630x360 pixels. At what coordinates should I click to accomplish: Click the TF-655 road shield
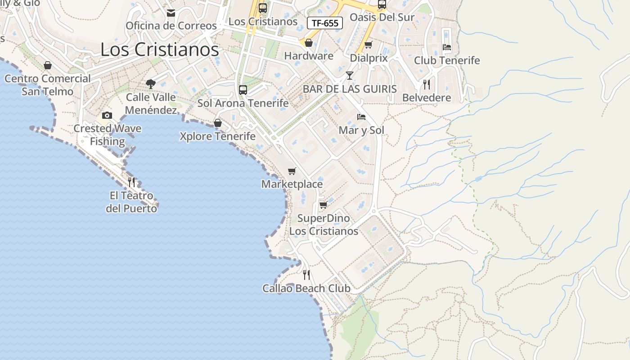click(324, 23)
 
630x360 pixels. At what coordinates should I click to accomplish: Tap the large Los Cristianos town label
click(159, 49)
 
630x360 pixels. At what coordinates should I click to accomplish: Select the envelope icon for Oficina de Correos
click(171, 13)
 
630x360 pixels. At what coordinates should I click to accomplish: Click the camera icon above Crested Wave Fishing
click(107, 116)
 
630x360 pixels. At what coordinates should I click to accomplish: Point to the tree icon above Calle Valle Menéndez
click(150, 84)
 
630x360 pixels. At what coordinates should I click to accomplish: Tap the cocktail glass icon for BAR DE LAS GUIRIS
click(350, 75)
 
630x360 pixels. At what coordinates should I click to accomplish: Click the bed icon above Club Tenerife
click(446, 47)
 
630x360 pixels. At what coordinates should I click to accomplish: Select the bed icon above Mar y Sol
click(361, 117)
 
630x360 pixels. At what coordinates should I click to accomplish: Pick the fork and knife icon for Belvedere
click(426, 84)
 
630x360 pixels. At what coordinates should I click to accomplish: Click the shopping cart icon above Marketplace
click(292, 171)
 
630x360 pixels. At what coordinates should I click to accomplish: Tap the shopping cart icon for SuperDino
click(323, 205)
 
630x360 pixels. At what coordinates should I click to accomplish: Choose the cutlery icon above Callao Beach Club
click(306, 274)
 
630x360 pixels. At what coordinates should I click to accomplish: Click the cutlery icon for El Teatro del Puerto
click(131, 182)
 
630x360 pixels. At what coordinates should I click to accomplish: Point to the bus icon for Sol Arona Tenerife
click(243, 90)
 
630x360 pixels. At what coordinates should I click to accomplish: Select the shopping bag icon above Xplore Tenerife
click(218, 123)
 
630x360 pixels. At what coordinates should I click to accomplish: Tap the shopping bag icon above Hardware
click(309, 43)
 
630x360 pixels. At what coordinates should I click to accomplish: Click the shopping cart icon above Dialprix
click(369, 45)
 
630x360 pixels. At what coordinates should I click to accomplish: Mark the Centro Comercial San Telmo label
click(47, 85)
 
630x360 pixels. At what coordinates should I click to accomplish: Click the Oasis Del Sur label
click(382, 18)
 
